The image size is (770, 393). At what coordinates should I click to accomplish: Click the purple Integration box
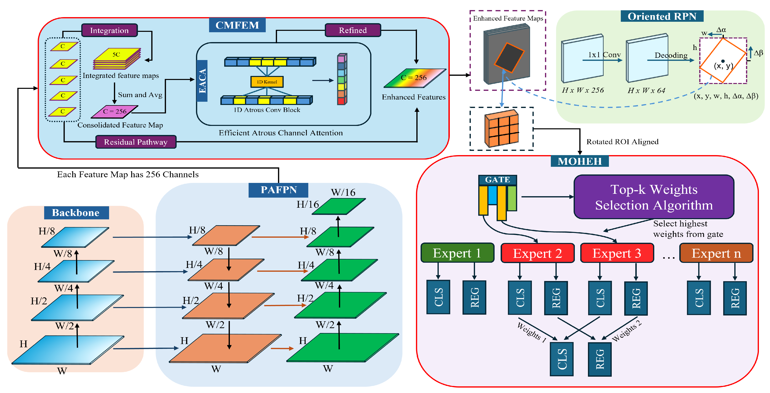click(109, 30)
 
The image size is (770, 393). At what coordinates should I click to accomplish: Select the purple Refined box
click(353, 30)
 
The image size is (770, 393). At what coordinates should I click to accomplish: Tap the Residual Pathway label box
click(136, 142)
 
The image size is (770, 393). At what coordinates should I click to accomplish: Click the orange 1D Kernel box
click(267, 82)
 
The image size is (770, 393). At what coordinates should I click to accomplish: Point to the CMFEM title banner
click(237, 25)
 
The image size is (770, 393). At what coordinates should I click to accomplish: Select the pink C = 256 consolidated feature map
click(115, 111)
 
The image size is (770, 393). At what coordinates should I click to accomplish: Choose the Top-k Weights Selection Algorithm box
click(654, 197)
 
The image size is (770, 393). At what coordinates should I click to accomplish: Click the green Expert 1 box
click(457, 253)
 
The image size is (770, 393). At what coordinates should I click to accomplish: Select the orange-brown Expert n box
click(716, 253)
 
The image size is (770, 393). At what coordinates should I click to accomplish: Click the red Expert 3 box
click(617, 253)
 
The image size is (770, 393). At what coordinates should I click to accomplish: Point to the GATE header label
click(497, 180)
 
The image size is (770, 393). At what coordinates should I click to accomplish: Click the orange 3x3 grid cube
click(502, 128)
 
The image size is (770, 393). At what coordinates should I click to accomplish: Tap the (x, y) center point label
click(723, 65)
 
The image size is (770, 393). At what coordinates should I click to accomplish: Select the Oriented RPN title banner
click(662, 16)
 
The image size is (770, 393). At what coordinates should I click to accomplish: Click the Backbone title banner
click(76, 213)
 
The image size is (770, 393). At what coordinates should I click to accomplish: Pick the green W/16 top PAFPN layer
click(339, 206)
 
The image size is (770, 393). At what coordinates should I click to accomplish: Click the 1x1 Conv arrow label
click(604, 55)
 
